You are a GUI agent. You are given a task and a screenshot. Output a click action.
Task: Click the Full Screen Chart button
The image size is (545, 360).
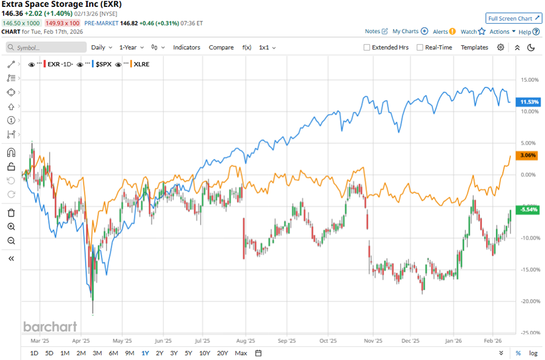pyautogui.click(x=513, y=19)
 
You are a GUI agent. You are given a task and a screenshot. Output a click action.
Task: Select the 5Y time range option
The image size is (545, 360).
pyautogui.click(x=188, y=353)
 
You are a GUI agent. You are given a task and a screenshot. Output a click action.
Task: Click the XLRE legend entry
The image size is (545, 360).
pyautogui.click(x=141, y=64)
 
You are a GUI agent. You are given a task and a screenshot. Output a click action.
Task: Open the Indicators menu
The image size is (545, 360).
pyautogui.click(x=187, y=48)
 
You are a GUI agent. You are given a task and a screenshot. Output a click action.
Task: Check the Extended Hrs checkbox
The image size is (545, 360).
pyautogui.click(x=367, y=48)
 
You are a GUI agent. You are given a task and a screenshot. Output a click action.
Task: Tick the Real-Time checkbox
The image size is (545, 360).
pyautogui.click(x=420, y=48)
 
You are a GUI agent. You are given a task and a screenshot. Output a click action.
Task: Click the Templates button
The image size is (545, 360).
pyautogui.click(x=474, y=48)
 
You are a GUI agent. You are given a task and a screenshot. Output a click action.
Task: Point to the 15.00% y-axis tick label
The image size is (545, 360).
pyautogui.click(x=528, y=80)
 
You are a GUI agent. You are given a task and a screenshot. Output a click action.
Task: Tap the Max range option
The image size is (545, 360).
pyautogui.click(x=241, y=353)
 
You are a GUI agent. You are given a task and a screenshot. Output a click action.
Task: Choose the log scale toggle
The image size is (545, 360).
pyautogui.click(x=533, y=353)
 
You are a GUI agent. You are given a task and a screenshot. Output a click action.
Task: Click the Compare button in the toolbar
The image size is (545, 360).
pyautogui.click(x=221, y=48)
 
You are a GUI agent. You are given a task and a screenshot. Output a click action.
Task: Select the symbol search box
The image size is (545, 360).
pyautogui.click(x=46, y=48)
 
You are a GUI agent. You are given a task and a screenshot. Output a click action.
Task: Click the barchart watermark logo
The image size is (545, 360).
pyautogui.click(x=50, y=326)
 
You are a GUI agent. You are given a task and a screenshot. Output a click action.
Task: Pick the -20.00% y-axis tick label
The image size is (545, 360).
pyautogui.click(x=528, y=301)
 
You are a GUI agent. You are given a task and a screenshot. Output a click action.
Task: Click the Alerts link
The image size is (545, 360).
pyautogui.click(x=444, y=31)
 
